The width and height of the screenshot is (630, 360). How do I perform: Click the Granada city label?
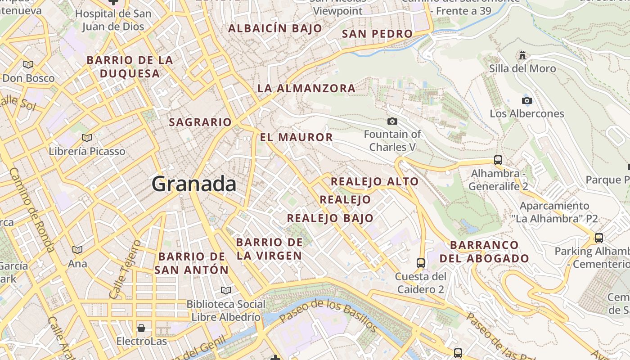194,184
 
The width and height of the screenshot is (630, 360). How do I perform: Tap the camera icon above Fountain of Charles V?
392,121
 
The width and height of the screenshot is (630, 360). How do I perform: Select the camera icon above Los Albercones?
526,100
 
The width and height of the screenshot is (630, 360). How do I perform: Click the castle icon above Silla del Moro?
522,55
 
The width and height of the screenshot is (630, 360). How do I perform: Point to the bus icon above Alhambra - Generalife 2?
498,160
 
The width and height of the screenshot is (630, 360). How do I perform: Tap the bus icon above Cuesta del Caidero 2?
421,263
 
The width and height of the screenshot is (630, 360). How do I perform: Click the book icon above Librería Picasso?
87,138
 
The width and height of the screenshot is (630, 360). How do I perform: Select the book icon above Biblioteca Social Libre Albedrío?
225,290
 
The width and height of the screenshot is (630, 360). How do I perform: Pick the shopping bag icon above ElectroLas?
141,328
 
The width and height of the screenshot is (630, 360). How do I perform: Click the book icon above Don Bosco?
28,64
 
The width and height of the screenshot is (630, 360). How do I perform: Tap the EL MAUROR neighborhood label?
297,137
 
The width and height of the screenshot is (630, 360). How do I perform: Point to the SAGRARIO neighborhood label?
200,122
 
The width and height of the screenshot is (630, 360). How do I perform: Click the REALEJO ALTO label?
375,182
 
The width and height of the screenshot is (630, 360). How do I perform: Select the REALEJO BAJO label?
330,218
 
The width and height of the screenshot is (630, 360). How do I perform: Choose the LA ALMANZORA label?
306,88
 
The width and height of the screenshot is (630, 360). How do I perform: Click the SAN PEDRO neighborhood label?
377,34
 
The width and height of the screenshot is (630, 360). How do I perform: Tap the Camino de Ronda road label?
32,210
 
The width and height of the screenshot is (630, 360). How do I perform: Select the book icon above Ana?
77,250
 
